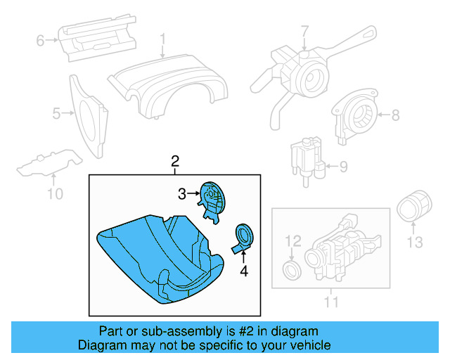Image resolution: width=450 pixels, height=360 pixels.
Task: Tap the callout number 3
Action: click(x=181, y=193)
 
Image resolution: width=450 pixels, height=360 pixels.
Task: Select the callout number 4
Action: click(x=244, y=270)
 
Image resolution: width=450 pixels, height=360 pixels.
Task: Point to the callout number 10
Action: click(x=55, y=193)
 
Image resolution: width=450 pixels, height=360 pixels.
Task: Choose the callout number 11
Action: click(x=331, y=302)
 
